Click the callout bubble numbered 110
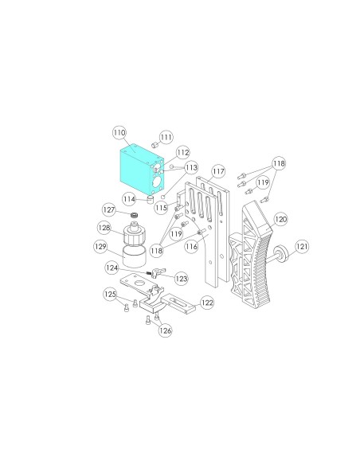pyautogui.click(x=119, y=132)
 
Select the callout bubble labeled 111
pyautogui.click(x=166, y=137)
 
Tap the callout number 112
pyautogui.click(x=182, y=152)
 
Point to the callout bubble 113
pyautogui.click(x=191, y=167)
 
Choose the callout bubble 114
pyautogui.click(x=129, y=199)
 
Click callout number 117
pyautogui.click(x=218, y=171)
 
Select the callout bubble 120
pyautogui.click(x=280, y=219)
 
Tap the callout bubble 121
pyautogui.click(x=302, y=246)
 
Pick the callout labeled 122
pyautogui.click(x=207, y=303)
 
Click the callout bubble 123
pyautogui.click(x=181, y=279)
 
